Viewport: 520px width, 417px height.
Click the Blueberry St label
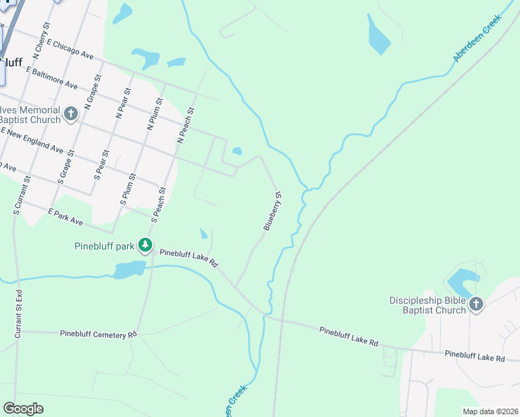point(272,211)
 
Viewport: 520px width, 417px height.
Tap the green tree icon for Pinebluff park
point(145,245)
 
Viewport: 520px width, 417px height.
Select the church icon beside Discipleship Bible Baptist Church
point(476,304)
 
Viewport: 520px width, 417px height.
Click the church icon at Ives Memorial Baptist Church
point(71,114)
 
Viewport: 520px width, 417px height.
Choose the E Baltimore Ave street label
point(51,76)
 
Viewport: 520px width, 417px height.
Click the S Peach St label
point(159,202)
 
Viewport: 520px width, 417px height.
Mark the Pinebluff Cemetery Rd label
point(98,334)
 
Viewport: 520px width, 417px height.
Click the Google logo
point(23,409)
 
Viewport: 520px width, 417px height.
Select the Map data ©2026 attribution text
point(489,411)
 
